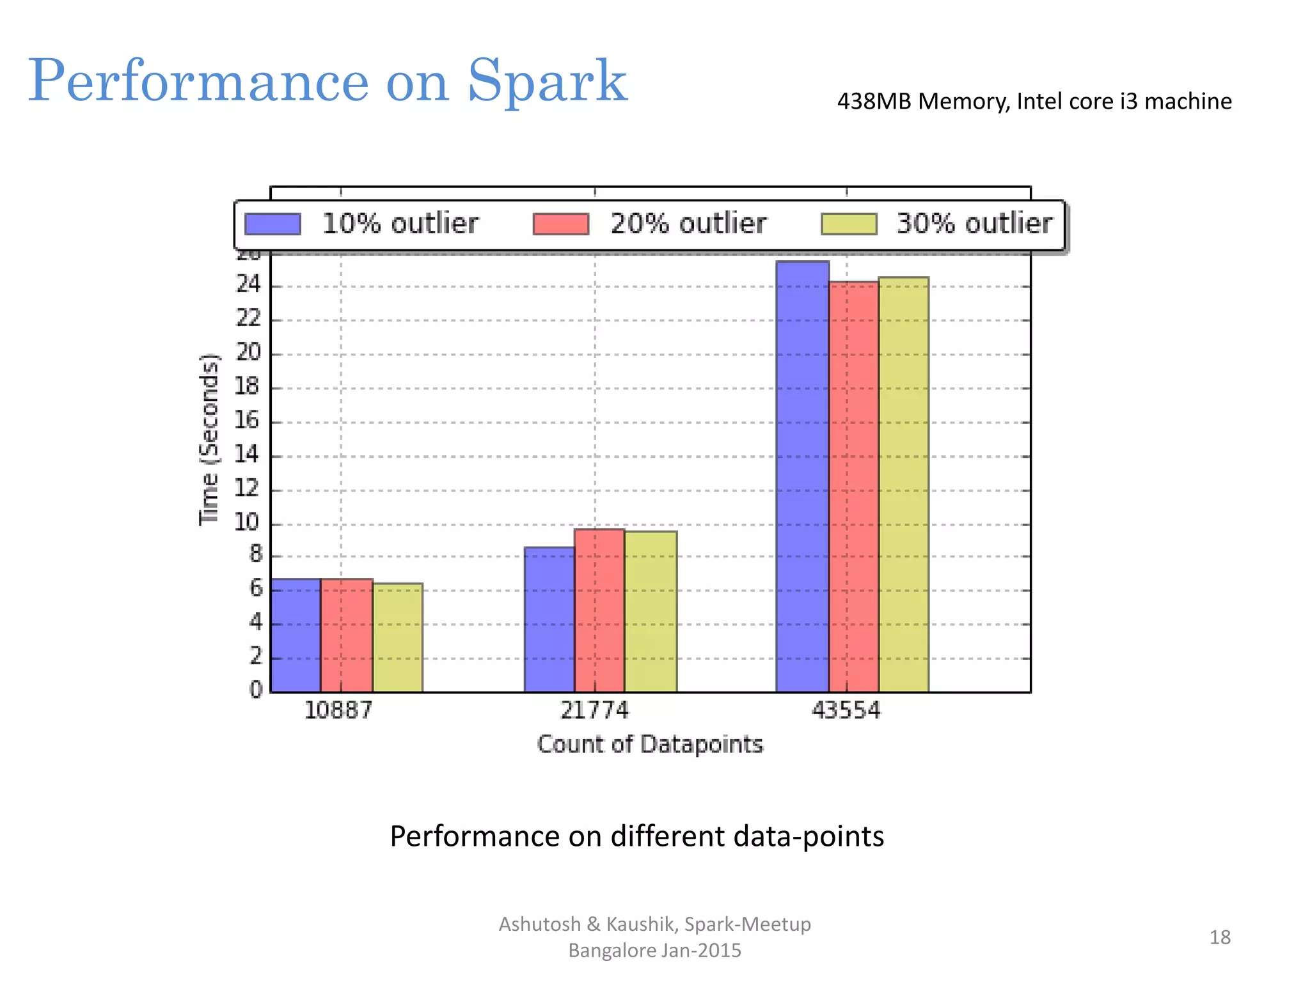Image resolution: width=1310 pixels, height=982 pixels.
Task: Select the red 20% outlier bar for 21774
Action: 599,611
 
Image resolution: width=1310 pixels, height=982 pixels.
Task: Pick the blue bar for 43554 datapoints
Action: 802,476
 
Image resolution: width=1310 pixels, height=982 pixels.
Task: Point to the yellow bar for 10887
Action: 397,637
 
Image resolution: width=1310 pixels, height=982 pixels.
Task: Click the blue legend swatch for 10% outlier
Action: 273,224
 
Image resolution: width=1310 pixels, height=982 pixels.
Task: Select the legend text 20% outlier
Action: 688,224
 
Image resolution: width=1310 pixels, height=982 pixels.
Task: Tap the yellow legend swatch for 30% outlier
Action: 849,224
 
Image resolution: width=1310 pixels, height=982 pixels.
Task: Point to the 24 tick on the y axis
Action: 249,284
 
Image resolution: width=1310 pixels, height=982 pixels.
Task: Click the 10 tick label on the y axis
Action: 247,522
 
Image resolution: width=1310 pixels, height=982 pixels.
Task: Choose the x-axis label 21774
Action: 594,710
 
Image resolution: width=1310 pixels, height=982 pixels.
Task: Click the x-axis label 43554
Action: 846,710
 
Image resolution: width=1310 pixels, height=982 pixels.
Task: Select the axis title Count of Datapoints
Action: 650,744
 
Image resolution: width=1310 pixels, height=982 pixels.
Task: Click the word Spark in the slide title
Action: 547,81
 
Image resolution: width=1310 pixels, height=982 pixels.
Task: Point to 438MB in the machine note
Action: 874,101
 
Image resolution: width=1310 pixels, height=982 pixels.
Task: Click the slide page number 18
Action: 1219,937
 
